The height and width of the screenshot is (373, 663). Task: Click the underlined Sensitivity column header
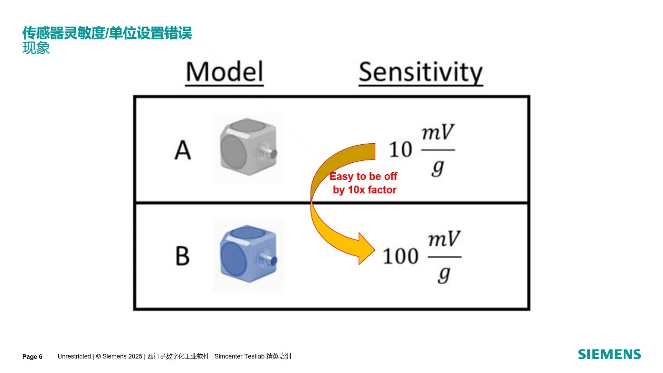421,73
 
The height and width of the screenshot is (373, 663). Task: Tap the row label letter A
183,150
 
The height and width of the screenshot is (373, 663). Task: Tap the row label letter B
183,256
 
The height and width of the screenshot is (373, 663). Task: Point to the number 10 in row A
401,150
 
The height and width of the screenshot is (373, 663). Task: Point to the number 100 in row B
401,256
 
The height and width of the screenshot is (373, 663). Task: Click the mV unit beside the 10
438,132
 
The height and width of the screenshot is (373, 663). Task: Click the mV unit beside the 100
444,239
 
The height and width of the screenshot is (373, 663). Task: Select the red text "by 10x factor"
365,190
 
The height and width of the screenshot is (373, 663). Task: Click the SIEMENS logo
609,354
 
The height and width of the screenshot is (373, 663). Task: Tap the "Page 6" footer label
32,357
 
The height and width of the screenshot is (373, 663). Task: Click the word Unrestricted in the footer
74,356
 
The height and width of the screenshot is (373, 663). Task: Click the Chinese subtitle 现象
36,48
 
